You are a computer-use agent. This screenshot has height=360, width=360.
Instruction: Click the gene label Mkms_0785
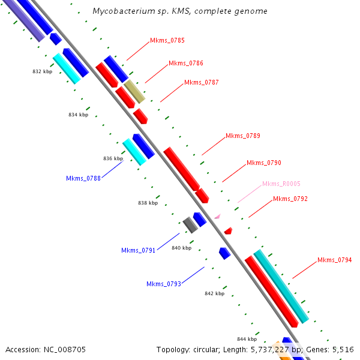(x=167, y=41)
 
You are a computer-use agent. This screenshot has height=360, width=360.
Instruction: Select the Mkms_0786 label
(x=186, y=63)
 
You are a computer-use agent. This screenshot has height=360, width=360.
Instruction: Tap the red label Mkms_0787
(x=202, y=82)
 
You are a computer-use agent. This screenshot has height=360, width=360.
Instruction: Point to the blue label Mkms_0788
(x=83, y=178)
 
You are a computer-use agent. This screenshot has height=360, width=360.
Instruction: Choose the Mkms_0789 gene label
(x=243, y=136)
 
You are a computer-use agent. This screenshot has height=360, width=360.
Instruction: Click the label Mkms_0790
(x=264, y=163)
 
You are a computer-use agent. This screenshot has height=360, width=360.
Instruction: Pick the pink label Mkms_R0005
(x=281, y=184)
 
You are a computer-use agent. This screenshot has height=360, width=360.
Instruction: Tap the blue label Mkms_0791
(x=139, y=250)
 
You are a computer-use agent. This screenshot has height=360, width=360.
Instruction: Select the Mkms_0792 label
(x=290, y=199)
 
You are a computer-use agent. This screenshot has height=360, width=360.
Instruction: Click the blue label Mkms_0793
(x=164, y=284)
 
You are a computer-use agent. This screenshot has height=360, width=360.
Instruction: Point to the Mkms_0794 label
(x=335, y=260)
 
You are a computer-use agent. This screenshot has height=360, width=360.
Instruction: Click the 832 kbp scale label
(x=43, y=71)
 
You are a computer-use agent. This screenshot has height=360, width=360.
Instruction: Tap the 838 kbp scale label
(x=148, y=203)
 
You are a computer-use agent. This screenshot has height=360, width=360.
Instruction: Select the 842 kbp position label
(x=214, y=293)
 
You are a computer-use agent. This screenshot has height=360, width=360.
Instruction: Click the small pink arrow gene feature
(x=217, y=215)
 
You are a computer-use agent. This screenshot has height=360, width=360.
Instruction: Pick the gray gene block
(x=190, y=225)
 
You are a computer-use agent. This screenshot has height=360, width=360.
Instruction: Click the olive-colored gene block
(x=134, y=91)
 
